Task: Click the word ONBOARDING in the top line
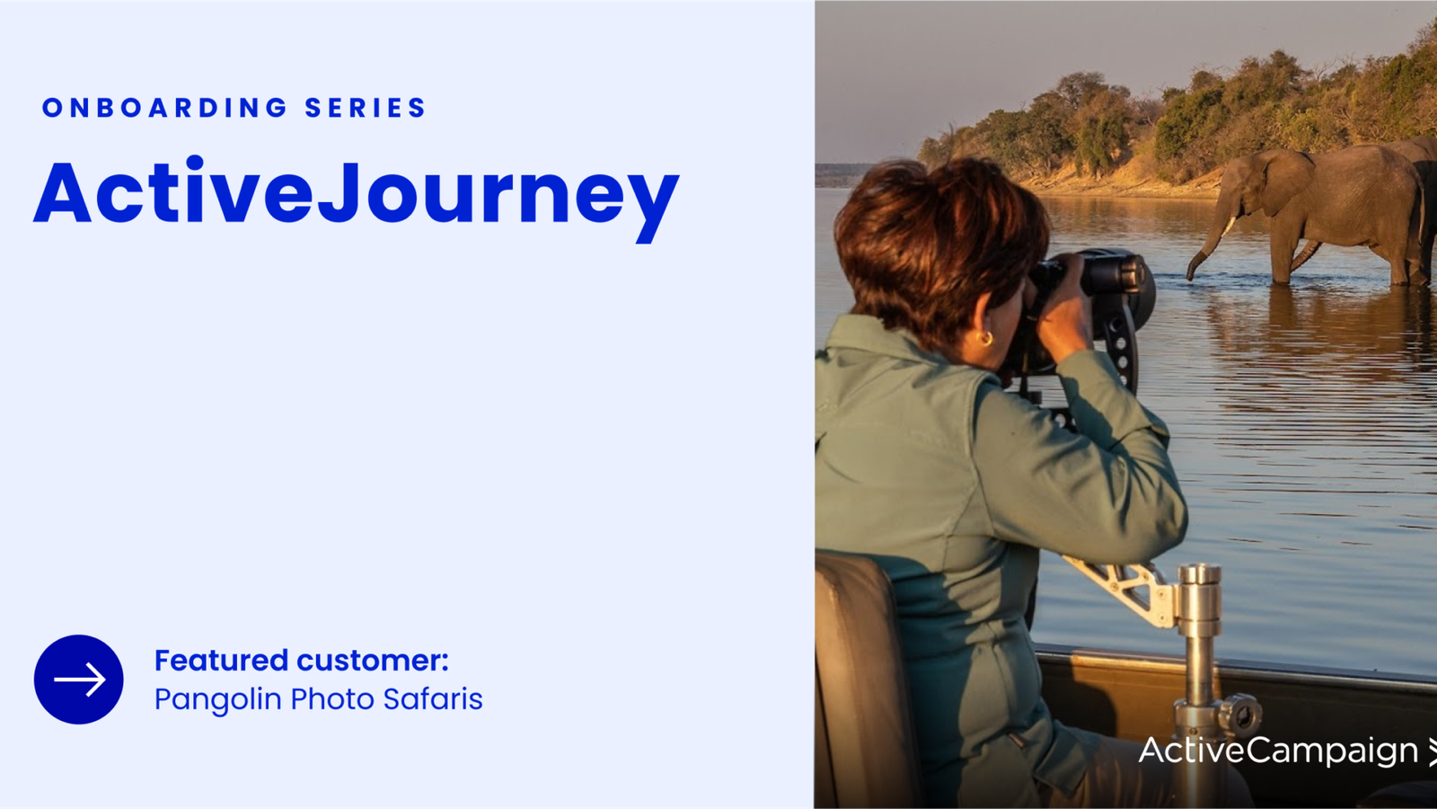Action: (x=164, y=108)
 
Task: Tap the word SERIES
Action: (x=365, y=108)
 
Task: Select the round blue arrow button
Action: (x=79, y=680)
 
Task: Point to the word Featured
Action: (x=221, y=660)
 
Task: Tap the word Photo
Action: (x=332, y=698)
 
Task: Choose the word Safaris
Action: (x=433, y=698)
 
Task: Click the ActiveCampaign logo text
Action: (x=1278, y=751)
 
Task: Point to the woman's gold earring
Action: (x=986, y=338)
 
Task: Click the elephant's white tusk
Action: (x=1230, y=226)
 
